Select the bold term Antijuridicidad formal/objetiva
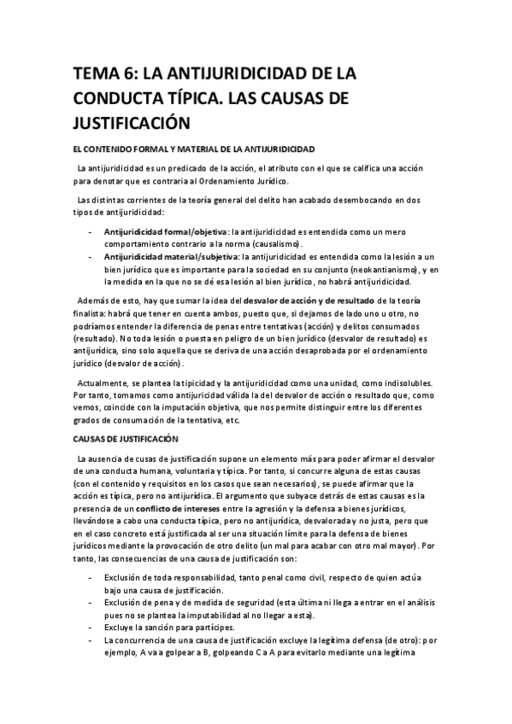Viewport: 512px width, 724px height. (159, 231)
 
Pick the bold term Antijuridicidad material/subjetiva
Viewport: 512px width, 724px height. (171, 256)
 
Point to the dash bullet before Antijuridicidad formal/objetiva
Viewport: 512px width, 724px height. (91, 231)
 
